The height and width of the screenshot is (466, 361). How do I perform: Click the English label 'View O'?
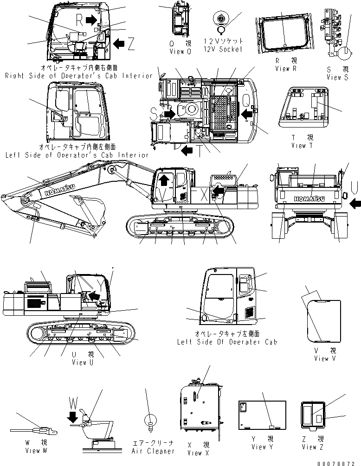pos(180,51)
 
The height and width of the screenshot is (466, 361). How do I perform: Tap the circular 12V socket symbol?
pos(221,19)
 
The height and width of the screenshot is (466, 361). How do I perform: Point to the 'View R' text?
pos(285,68)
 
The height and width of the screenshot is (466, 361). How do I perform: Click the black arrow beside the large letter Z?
pos(119,43)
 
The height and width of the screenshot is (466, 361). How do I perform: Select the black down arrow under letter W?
pos(72,418)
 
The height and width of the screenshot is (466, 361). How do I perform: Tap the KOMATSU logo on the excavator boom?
pos(61,190)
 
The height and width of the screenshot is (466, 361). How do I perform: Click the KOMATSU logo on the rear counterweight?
pos(309,199)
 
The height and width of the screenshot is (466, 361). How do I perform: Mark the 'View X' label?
pos(195,453)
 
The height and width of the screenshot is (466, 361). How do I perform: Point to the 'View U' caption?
pos(79,362)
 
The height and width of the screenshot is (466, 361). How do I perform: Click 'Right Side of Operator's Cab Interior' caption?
pos(78,75)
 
